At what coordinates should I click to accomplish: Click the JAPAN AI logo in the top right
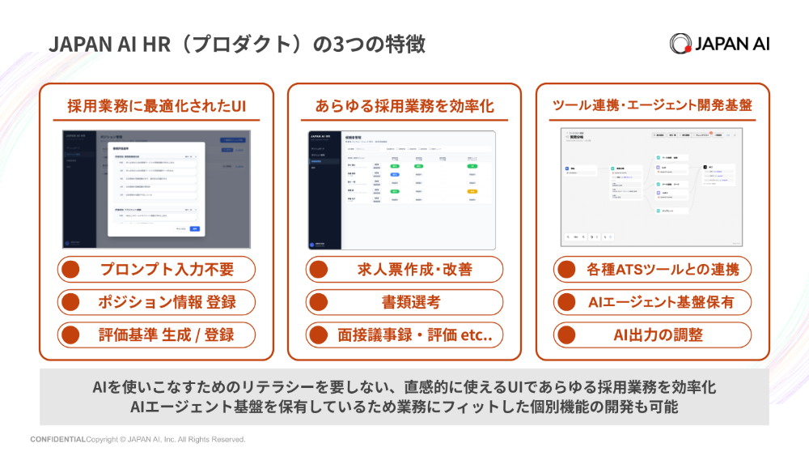719,43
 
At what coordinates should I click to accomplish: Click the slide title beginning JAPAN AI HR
237,44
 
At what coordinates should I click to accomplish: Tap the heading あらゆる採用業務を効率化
404,105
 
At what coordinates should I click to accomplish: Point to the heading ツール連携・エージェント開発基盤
652,105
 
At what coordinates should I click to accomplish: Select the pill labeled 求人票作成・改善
404,270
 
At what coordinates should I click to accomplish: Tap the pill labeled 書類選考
404,302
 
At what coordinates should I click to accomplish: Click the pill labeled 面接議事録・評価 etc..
404,335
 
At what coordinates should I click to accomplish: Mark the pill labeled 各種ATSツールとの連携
652,270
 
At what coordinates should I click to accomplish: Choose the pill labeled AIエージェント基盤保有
652,302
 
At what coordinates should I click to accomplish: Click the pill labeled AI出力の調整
652,335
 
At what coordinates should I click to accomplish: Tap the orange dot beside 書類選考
319,302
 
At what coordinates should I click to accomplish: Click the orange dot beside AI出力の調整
567,335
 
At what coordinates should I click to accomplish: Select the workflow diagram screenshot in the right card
652,187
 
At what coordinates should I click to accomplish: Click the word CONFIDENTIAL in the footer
57,440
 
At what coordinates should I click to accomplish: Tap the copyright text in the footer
166,440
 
